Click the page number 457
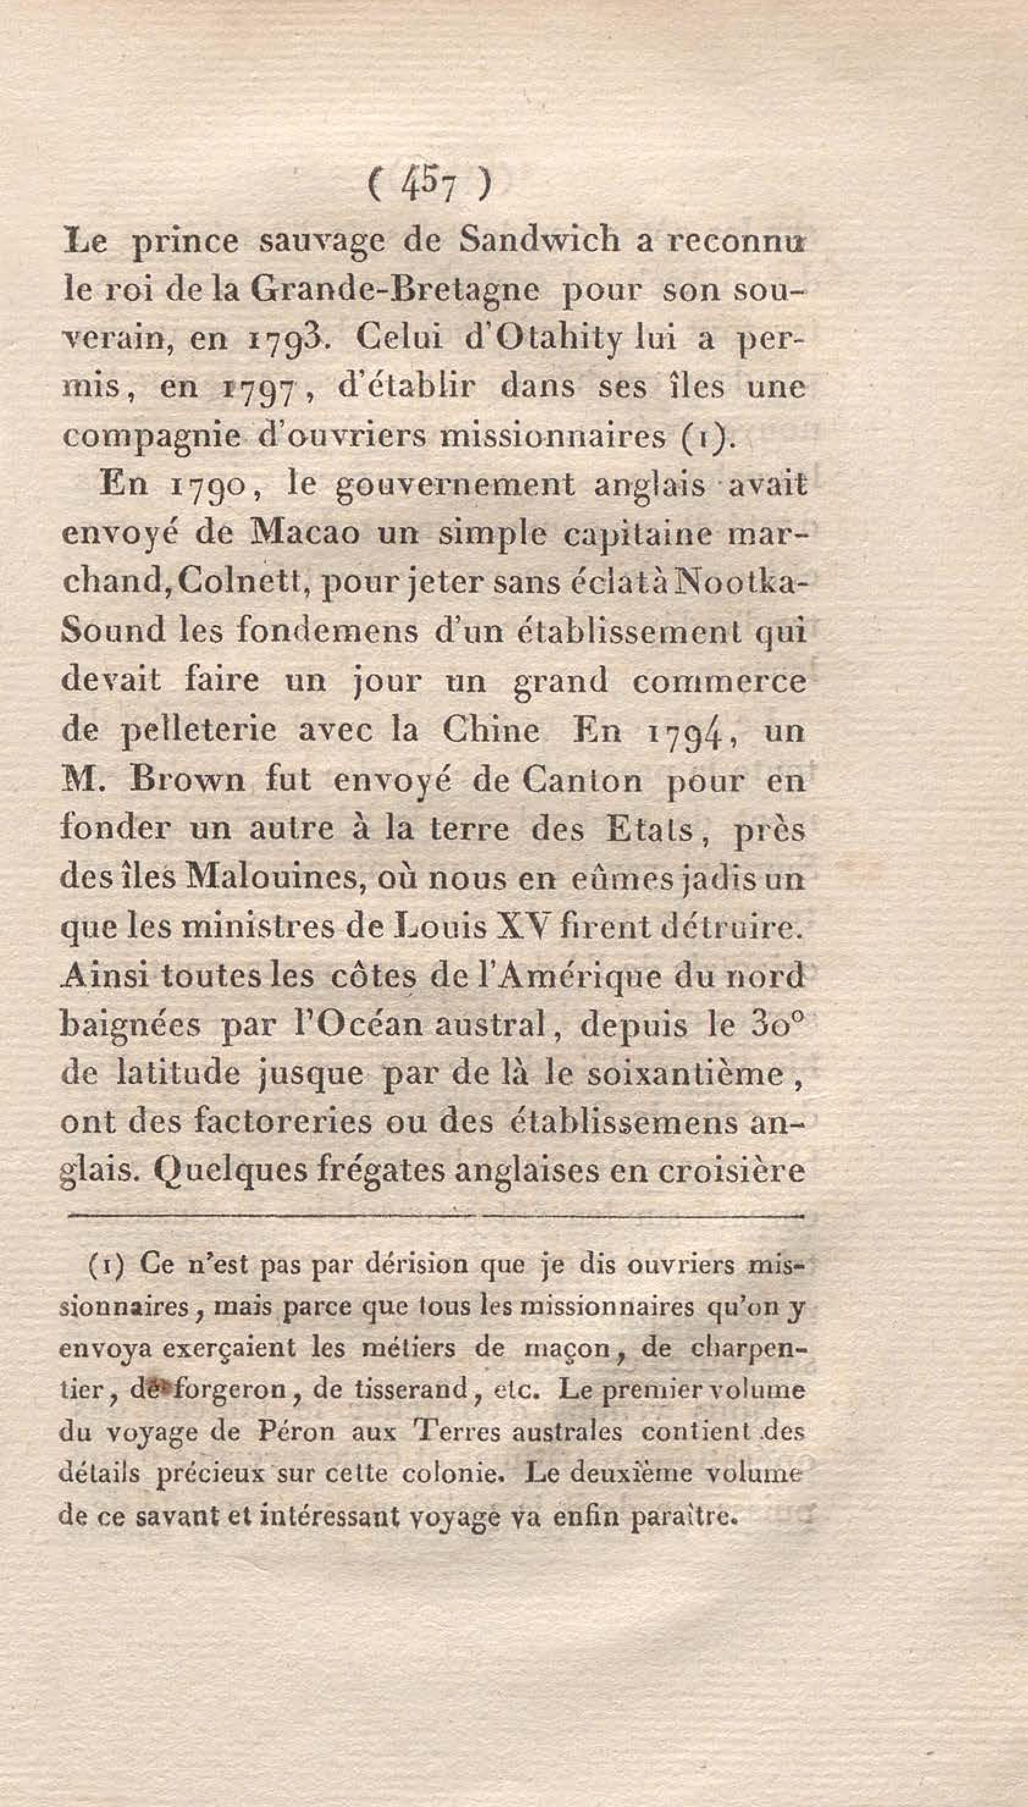point(427,188)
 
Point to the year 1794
point(686,731)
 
